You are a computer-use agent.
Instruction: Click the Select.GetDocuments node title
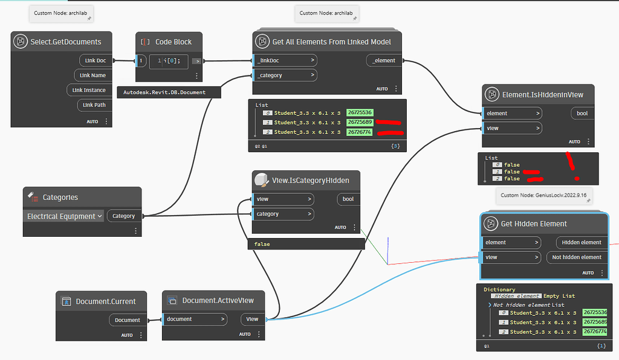click(65, 42)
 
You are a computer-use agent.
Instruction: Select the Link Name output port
click(92, 76)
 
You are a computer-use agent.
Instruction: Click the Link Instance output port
click(89, 90)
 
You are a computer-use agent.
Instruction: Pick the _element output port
click(384, 60)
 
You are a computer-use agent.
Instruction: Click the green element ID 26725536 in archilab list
click(359, 113)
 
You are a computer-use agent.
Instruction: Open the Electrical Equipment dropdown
click(64, 216)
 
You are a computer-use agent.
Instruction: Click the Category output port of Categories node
click(123, 216)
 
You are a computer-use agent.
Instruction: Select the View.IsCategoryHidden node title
click(310, 179)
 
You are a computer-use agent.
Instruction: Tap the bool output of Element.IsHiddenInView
click(582, 114)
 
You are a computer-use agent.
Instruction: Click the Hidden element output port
click(581, 242)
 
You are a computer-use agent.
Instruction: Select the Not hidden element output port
click(577, 257)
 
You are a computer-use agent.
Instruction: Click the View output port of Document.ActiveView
click(252, 319)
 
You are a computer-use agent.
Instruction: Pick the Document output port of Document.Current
click(128, 320)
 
